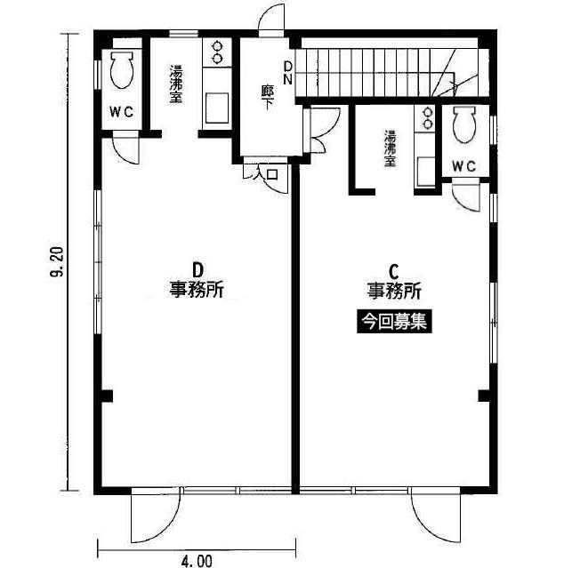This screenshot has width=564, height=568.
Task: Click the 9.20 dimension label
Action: tap(57, 261)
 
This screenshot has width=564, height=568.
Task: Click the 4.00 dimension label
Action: tap(197, 561)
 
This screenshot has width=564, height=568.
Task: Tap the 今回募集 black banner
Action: tap(394, 321)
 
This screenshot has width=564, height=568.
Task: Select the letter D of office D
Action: tap(197, 269)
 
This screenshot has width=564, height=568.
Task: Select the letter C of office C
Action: tap(393, 271)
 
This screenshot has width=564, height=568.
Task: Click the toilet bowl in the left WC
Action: tap(121, 69)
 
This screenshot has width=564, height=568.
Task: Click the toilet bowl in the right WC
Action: tap(464, 124)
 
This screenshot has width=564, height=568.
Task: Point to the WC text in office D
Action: tap(122, 112)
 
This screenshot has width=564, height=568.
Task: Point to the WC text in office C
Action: tap(464, 166)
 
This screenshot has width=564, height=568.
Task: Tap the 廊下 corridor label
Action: tap(268, 97)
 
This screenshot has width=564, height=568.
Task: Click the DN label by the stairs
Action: tap(287, 73)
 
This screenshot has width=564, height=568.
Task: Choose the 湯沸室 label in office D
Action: tap(176, 84)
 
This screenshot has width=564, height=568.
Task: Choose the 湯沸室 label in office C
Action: tap(391, 148)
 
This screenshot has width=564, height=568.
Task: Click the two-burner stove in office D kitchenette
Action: tap(217, 52)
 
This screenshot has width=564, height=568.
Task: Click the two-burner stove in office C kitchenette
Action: tap(428, 119)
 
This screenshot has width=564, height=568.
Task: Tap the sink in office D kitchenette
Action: tap(217, 108)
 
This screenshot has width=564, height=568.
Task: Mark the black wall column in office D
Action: tap(106, 396)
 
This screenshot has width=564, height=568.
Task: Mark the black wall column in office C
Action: tap(485, 396)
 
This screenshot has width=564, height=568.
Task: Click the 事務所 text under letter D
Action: tap(197, 290)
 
